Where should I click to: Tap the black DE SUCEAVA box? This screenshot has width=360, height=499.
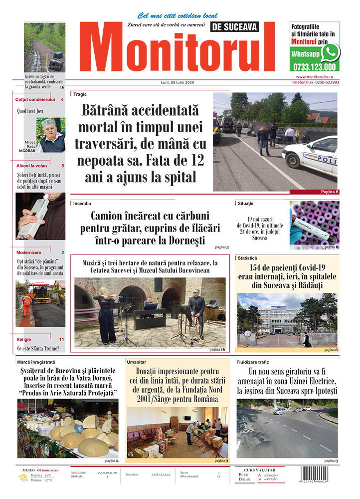(236, 27)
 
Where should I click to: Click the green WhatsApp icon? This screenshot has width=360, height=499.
(330, 52)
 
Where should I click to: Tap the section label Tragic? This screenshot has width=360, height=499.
(80, 93)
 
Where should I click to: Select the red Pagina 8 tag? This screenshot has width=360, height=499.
(330, 192)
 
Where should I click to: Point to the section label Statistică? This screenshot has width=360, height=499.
(247, 258)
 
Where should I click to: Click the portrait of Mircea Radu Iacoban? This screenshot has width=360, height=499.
(51, 135)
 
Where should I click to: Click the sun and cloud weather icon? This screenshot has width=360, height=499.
(23, 478)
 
